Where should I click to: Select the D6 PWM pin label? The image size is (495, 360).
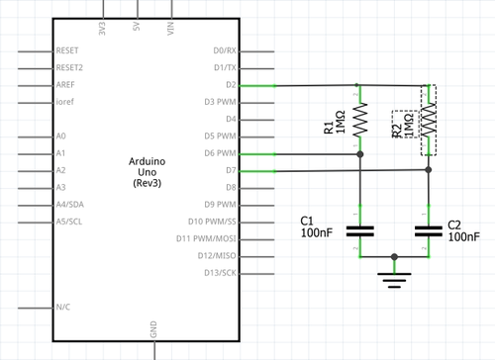tap(220, 153)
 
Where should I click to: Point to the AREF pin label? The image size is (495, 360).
tap(66, 85)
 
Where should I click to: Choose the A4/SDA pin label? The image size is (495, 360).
tap(71, 205)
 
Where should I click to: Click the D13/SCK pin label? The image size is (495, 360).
tap(220, 273)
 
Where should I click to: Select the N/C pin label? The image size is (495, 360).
tap(64, 308)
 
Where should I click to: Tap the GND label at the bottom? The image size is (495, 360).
tap(153, 329)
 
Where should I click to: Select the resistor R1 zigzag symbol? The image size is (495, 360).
tap(359, 121)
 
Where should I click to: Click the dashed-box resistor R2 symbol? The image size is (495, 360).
tap(428, 121)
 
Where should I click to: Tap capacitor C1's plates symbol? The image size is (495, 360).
tap(359, 231)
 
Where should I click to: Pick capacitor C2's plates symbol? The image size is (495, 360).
tap(428, 231)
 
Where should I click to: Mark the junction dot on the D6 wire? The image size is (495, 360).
tap(359, 154)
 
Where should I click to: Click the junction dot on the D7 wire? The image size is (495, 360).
tap(428, 170)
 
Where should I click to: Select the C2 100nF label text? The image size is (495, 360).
tap(462, 231)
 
